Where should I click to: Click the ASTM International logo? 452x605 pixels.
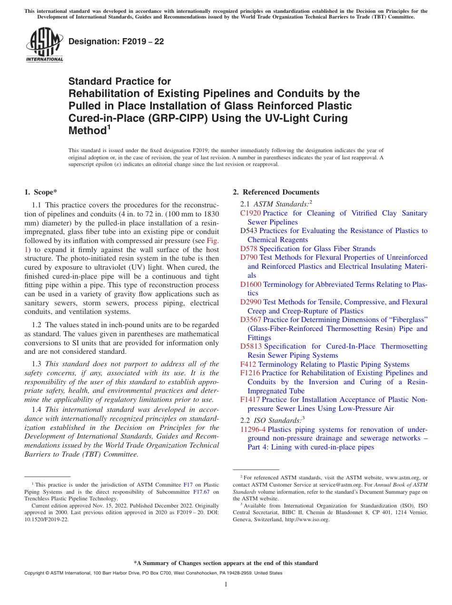[x=44, y=45]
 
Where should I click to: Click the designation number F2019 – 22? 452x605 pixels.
[x=116, y=42]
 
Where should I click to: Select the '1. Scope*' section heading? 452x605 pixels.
[x=40, y=192]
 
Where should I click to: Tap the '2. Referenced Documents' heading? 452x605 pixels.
[x=276, y=192]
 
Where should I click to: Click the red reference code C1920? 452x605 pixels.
[x=251, y=213]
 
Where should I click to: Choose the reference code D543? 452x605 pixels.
[x=249, y=231]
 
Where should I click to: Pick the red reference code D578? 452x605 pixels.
[x=249, y=249]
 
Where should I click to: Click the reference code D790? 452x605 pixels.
[x=249, y=257]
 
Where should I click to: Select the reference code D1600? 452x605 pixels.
[x=251, y=284]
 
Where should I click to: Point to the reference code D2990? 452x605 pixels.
[x=251, y=302]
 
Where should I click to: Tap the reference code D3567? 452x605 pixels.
[x=251, y=320]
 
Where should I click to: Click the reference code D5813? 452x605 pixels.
[x=251, y=346]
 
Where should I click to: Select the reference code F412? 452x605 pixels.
[x=248, y=364]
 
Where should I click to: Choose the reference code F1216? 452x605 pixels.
[x=250, y=373]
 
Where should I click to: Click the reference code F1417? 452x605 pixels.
[x=250, y=400]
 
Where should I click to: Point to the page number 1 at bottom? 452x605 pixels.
[x=226, y=585]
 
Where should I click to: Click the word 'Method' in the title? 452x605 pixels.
[x=86, y=130]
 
